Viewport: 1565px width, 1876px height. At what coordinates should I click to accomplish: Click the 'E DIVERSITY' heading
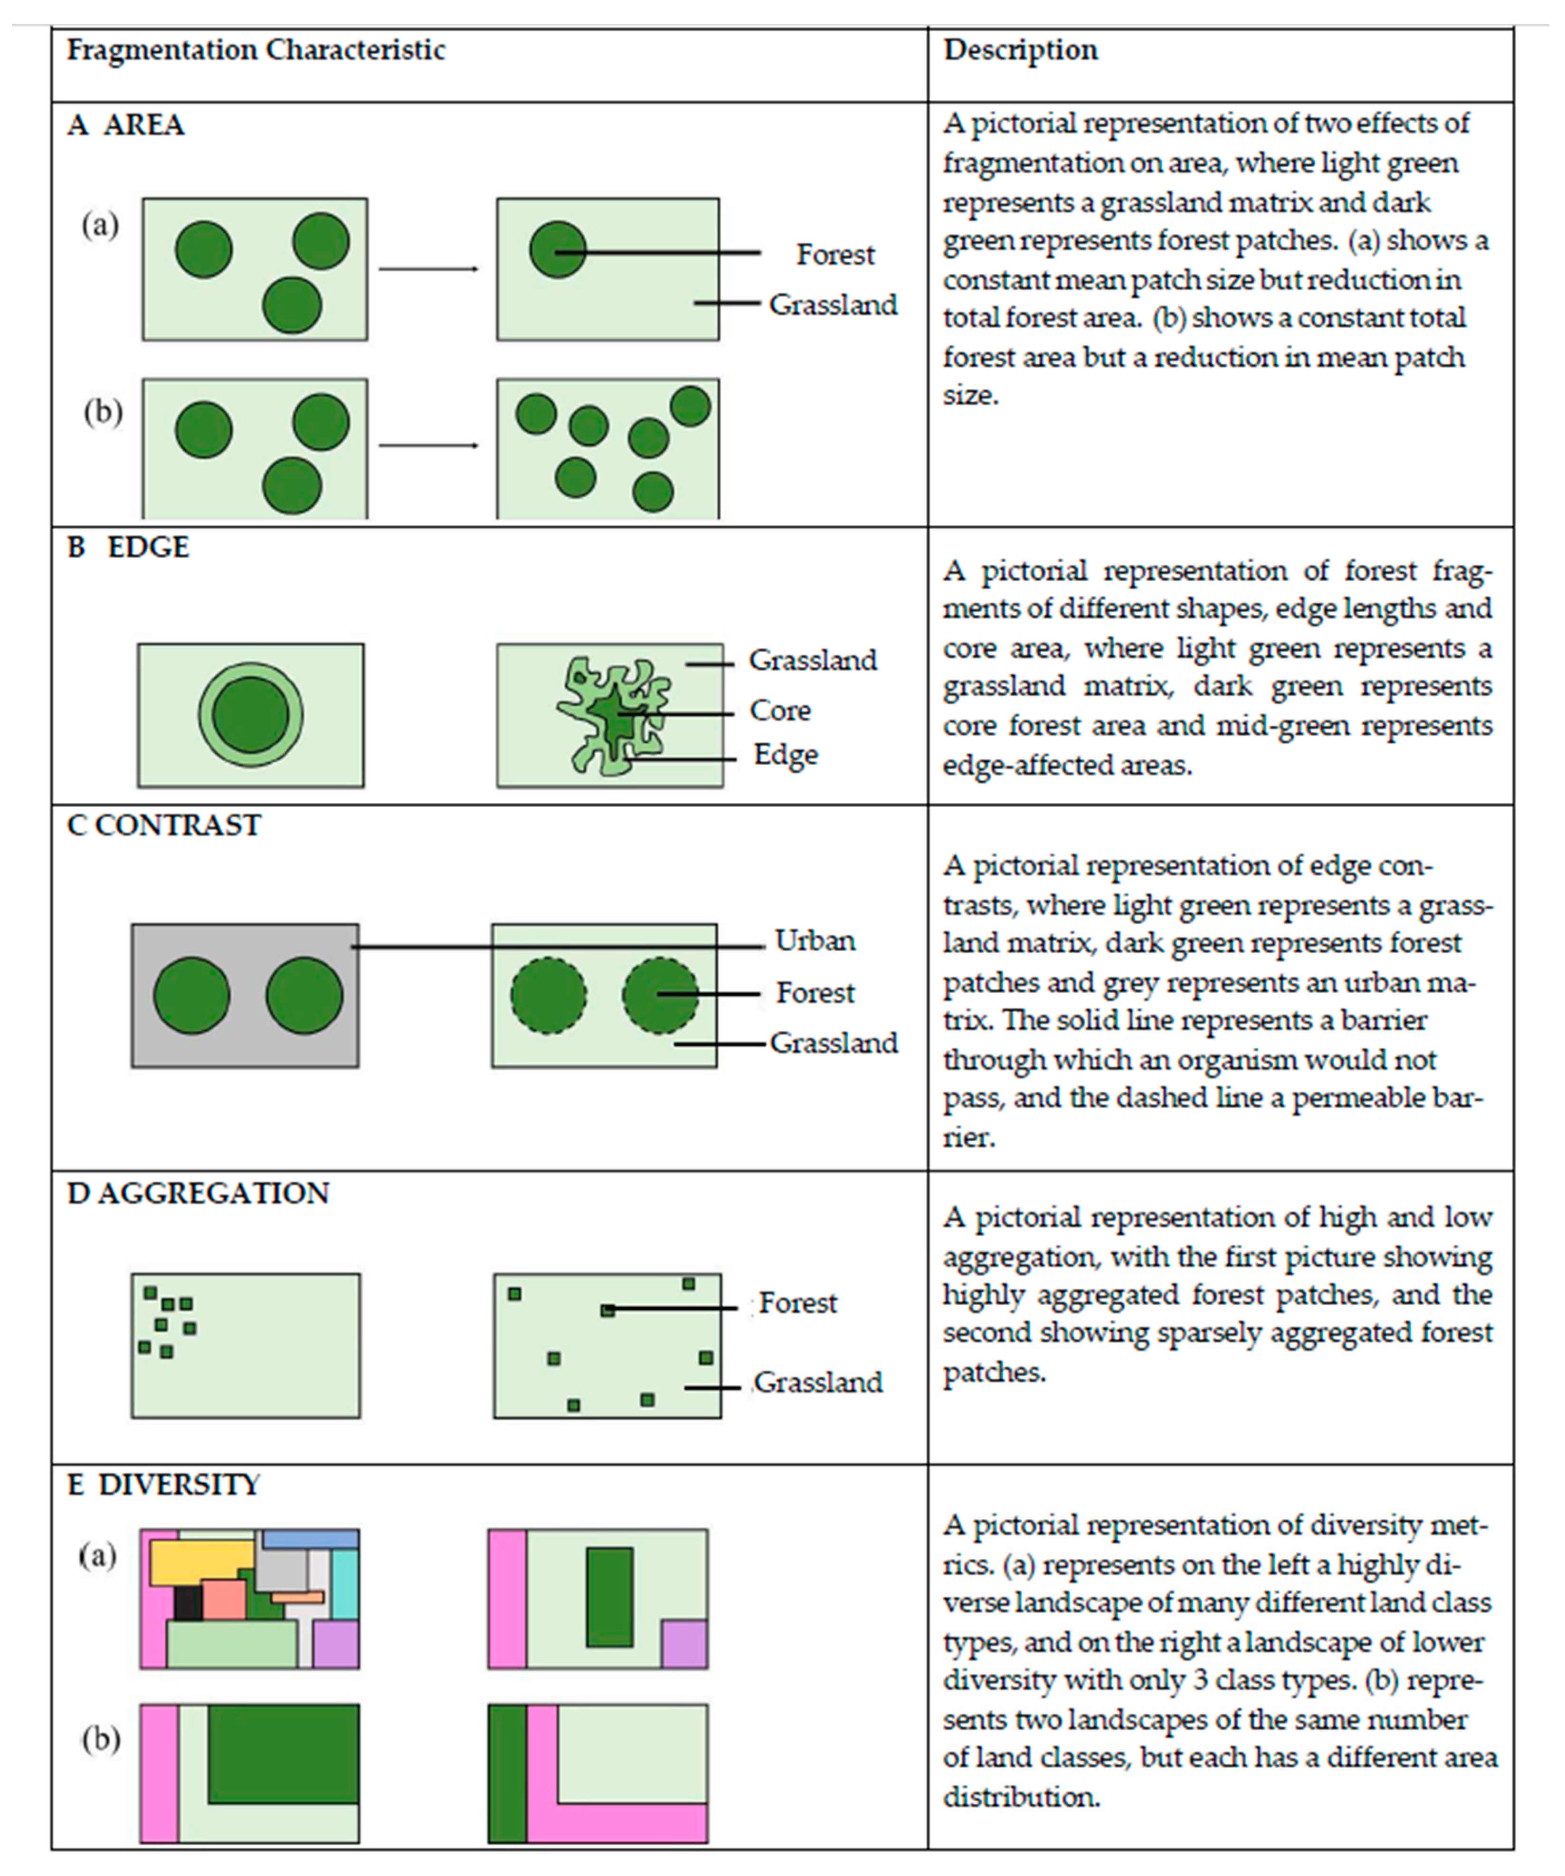[x=163, y=1485]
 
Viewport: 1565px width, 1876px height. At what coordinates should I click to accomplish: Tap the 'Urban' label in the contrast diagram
[x=815, y=941]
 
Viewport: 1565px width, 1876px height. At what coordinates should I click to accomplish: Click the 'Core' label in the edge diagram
[x=780, y=711]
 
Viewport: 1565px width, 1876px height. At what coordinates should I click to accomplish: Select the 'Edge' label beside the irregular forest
[x=785, y=755]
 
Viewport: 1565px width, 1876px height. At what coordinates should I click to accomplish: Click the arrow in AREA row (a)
[x=429, y=269]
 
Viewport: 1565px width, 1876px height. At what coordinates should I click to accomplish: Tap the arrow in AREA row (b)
[x=429, y=445]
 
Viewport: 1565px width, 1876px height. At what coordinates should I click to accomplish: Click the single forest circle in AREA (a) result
[x=558, y=249]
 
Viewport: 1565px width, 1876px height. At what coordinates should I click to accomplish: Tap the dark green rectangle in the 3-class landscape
[x=609, y=1598]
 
